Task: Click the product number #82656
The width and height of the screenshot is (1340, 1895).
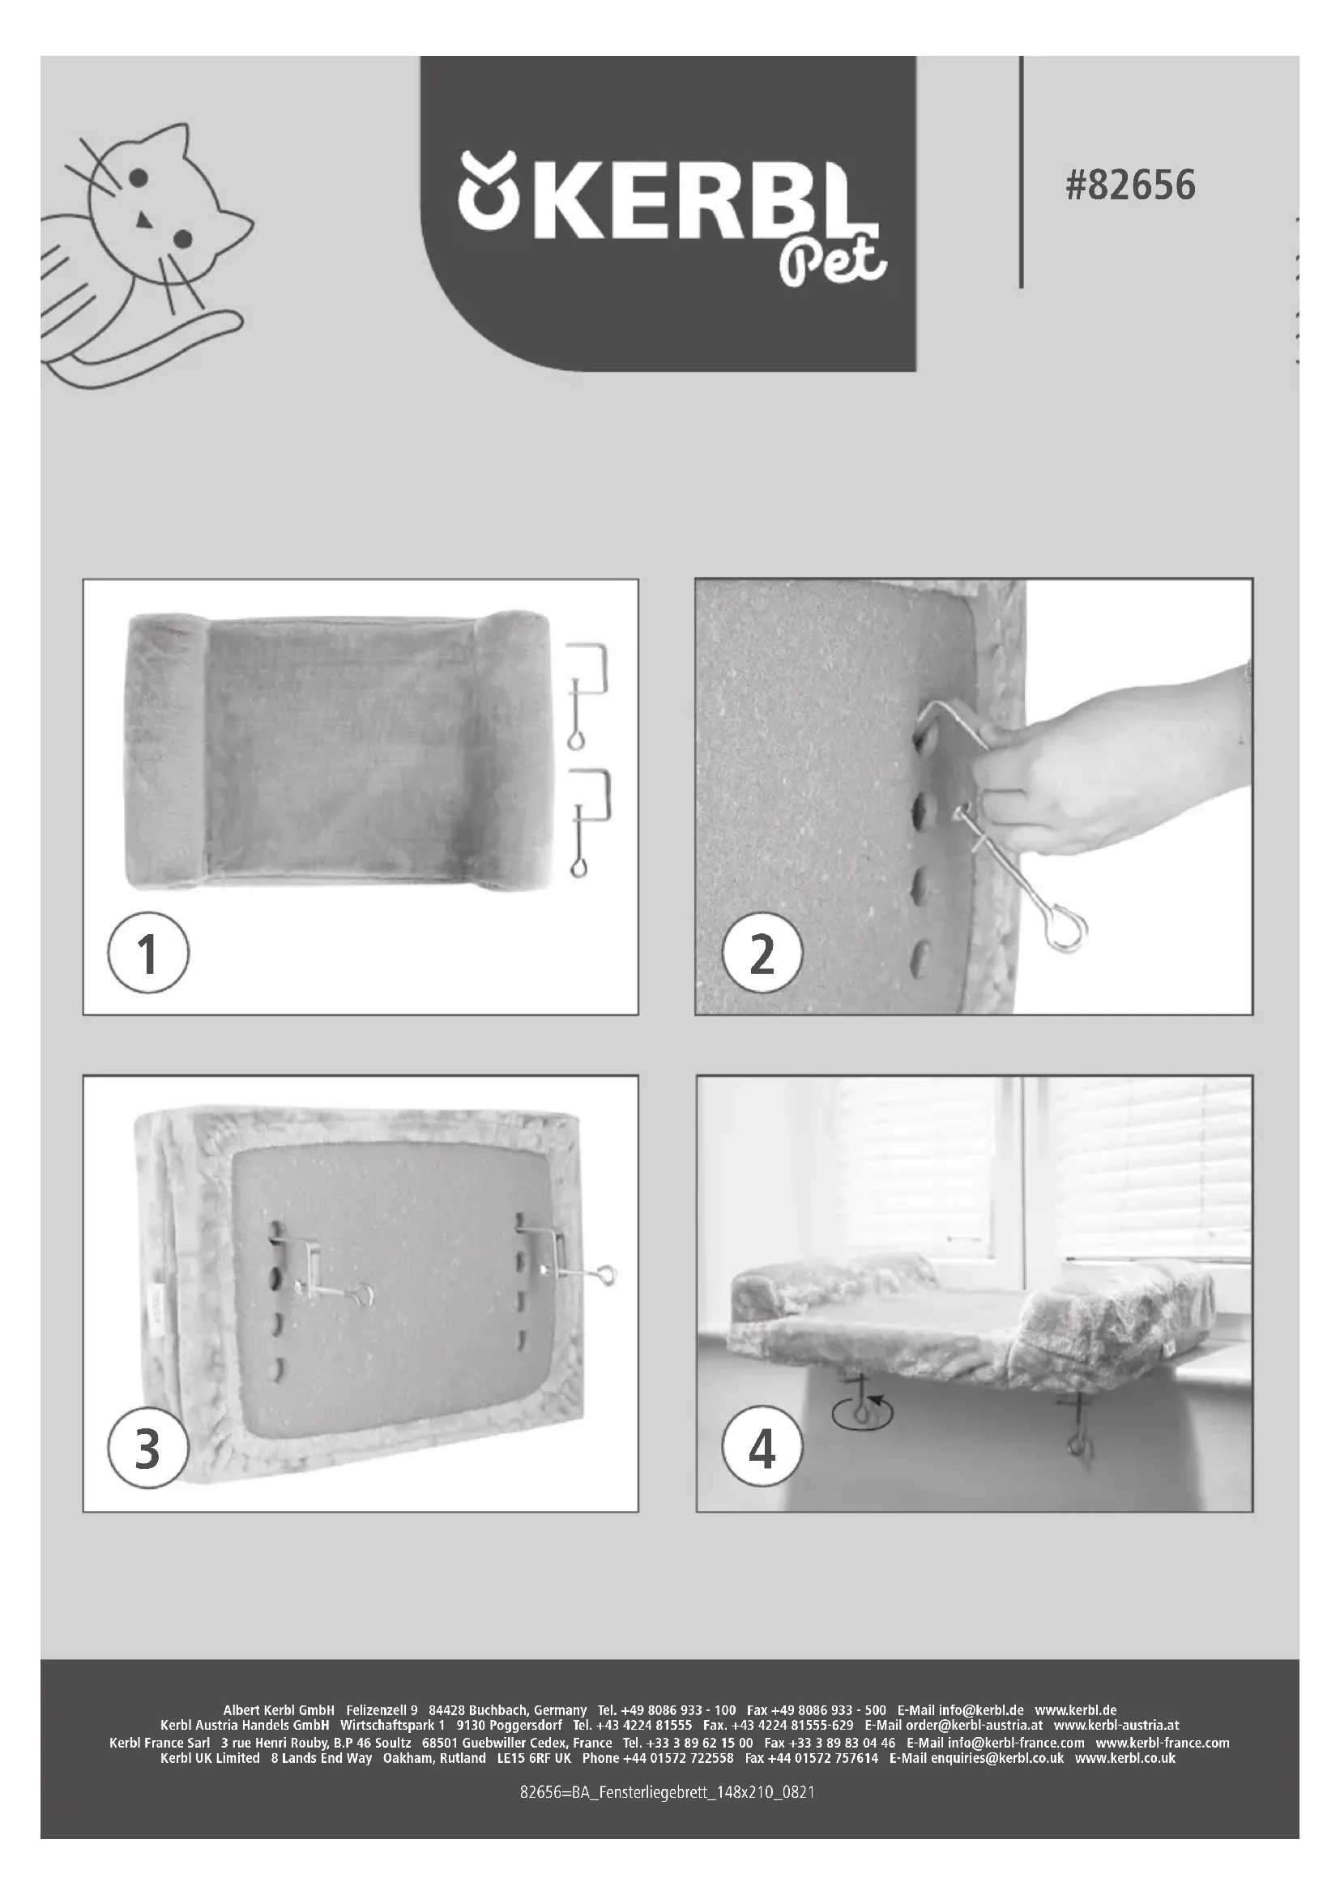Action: click(x=1129, y=185)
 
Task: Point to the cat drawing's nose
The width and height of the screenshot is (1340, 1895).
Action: click(x=143, y=220)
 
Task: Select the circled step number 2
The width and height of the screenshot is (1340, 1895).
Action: click(x=762, y=955)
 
